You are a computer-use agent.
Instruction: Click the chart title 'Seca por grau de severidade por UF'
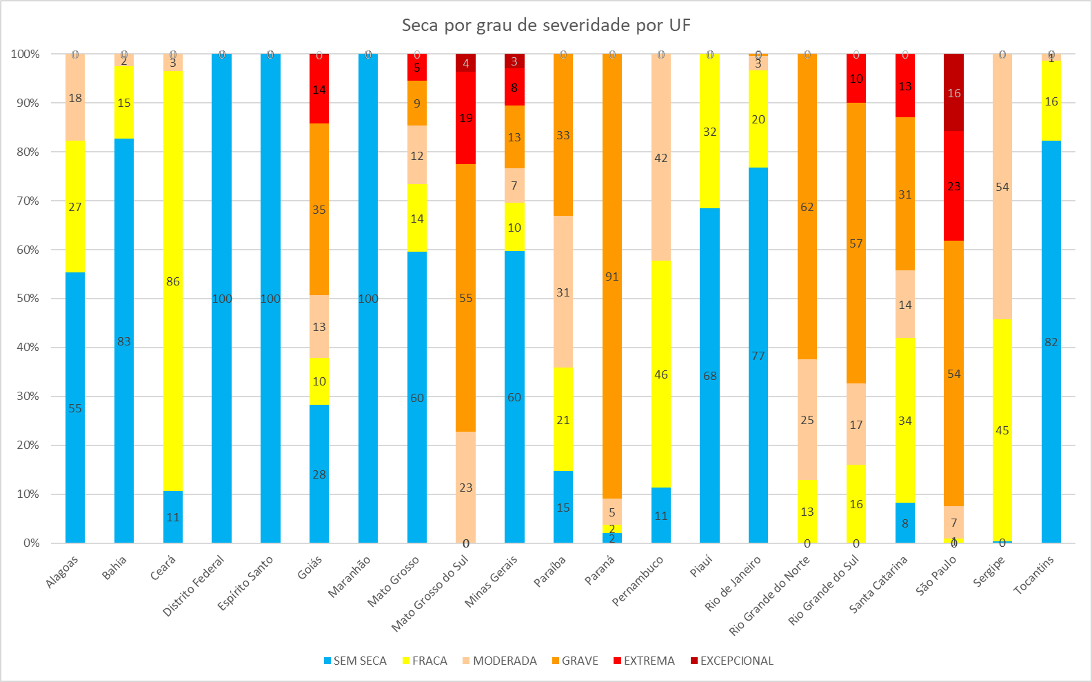(546, 26)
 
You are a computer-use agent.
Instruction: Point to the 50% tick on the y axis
(26, 299)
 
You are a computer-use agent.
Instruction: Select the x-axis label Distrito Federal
(194, 585)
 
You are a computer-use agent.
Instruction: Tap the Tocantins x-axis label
(1033, 575)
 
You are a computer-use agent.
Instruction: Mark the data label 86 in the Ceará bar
(173, 281)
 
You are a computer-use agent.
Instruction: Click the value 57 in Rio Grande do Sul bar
(856, 243)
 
